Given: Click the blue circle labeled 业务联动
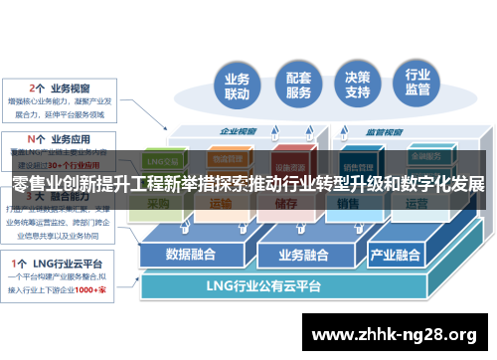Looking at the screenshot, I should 237,88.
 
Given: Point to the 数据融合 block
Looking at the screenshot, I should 191,253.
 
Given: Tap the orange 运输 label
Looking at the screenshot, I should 222,204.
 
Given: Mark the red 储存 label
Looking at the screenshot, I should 283,204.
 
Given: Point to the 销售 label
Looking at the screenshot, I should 347,204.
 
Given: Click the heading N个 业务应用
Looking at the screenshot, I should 64,139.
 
